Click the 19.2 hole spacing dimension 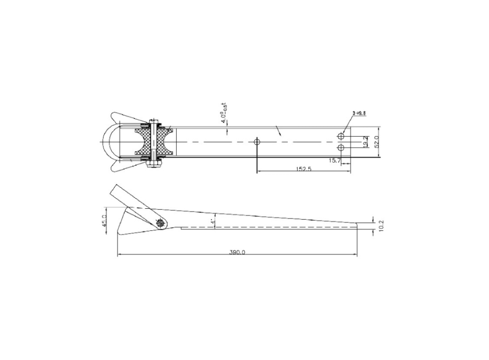(x=365, y=142)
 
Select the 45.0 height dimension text (x=104, y=221)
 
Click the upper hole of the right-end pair (x=341, y=136)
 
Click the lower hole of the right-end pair (x=341, y=148)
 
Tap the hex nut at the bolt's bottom (x=154, y=165)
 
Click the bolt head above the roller (x=154, y=122)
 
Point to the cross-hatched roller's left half (x=144, y=142)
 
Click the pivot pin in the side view (x=161, y=222)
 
